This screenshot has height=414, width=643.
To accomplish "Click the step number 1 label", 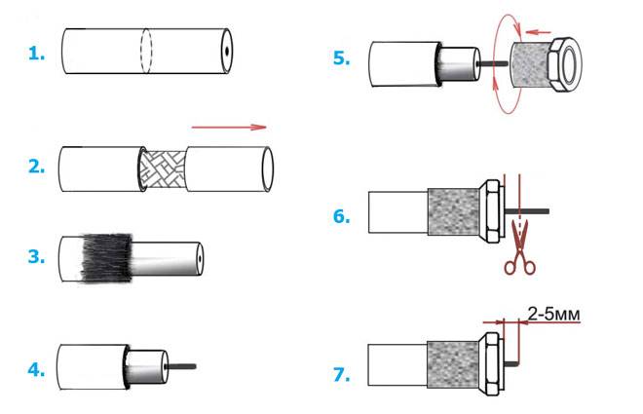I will pos(37,55).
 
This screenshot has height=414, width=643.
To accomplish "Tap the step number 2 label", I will pos(37,166).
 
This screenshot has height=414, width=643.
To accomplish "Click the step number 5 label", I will pos(341,57).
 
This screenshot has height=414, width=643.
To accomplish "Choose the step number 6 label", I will pos(341,216).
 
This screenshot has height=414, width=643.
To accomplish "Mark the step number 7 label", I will pos(341,373).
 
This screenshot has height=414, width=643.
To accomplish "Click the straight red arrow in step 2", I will pos(229,126).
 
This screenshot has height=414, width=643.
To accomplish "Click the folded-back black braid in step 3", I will pos(102,257).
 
